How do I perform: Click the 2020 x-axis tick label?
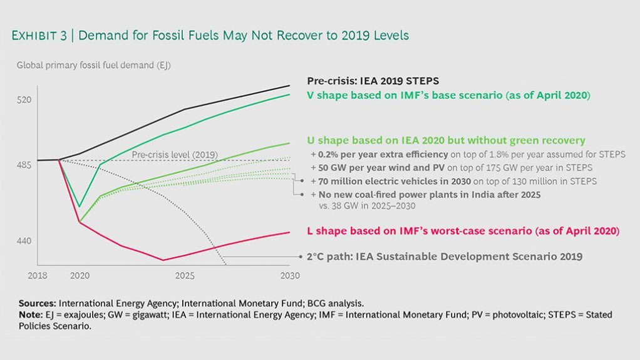[x=80, y=275]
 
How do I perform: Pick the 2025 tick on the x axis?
[x=185, y=275]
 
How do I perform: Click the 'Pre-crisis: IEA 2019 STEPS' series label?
[x=373, y=81]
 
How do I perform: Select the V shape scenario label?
[x=448, y=96]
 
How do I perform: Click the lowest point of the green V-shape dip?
[x=80, y=206]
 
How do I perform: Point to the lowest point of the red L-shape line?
[x=163, y=260]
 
